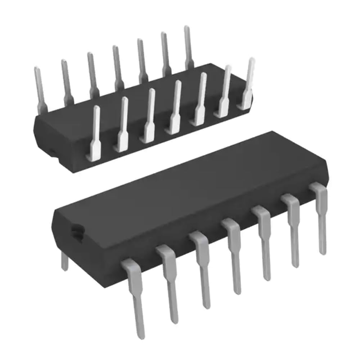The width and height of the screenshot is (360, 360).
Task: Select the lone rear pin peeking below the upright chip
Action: [64, 261]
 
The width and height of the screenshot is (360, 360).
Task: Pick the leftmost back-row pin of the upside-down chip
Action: [40, 88]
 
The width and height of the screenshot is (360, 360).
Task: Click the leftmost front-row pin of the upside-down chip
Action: [96, 133]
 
